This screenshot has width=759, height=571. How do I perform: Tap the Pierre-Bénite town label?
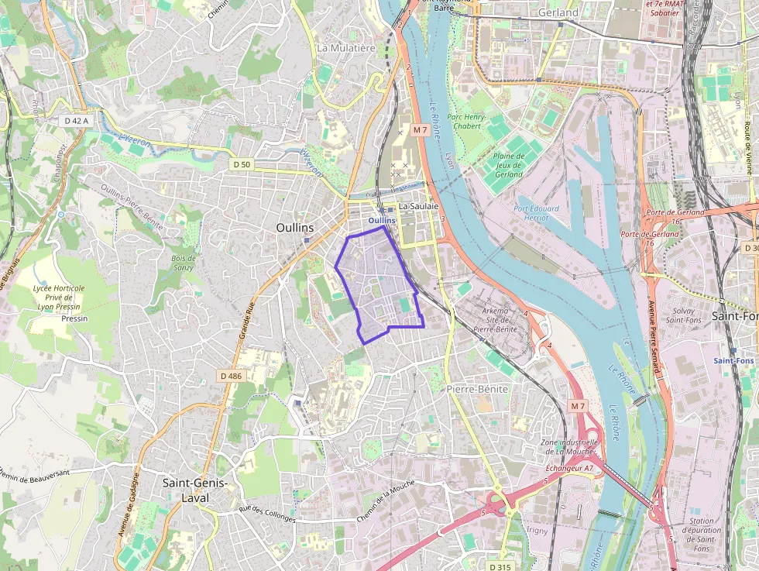[x=478, y=389]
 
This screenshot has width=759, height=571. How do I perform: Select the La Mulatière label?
[x=346, y=48]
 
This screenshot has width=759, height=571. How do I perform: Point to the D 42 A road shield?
[x=77, y=121]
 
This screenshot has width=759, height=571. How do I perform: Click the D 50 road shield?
[x=242, y=164]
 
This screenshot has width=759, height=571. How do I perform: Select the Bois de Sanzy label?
[x=184, y=262]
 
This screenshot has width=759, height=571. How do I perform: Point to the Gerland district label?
[x=557, y=13]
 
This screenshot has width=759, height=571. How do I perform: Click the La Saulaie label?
[x=418, y=207]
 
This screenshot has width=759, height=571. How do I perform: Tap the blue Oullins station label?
[x=381, y=220]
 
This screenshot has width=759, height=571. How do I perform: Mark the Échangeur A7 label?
[x=568, y=468]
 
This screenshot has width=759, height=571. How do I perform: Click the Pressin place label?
[x=74, y=318]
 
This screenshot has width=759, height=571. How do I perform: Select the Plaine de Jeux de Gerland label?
[x=508, y=165]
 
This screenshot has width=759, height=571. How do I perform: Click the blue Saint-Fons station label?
[x=733, y=360]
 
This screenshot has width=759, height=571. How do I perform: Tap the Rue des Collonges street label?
[x=267, y=513]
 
